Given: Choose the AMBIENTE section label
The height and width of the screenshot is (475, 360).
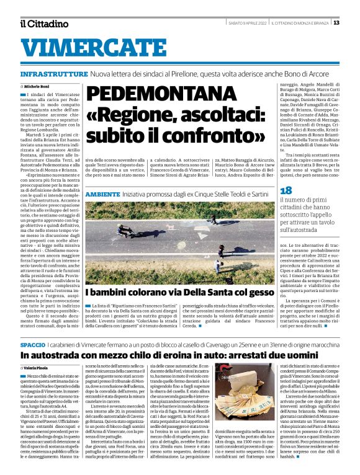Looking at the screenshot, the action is pos(102,194).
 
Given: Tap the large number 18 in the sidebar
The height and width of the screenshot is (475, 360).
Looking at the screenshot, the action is pos(286,191).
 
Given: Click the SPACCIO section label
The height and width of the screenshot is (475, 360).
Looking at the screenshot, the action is pos(32,344).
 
